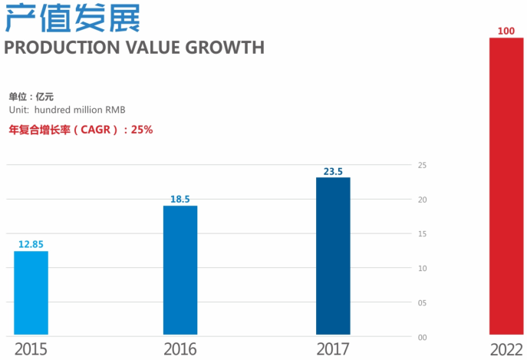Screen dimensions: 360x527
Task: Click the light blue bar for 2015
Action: pyautogui.click(x=31, y=293)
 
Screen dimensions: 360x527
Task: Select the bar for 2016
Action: pyautogui.click(x=180, y=270)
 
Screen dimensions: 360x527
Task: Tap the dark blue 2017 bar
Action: pyautogui.click(x=333, y=256)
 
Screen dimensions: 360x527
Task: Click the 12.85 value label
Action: pyautogui.click(x=31, y=244)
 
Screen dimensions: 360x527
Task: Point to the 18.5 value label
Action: pyautogui.click(x=180, y=200)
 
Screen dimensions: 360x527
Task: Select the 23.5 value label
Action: pyautogui.click(x=333, y=171)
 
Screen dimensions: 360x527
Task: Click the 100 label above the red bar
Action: pyautogui.click(x=506, y=31)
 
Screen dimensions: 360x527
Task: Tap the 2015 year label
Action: pyautogui.click(x=31, y=349)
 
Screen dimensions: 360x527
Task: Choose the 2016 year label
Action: pyautogui.click(x=180, y=349)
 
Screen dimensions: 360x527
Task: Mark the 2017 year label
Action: pyautogui.click(x=333, y=349)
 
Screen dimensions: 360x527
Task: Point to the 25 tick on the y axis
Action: pyautogui.click(x=422, y=165)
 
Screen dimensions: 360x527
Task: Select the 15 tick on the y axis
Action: pyautogui.click(x=422, y=233)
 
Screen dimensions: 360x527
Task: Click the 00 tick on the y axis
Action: pyautogui.click(x=422, y=337)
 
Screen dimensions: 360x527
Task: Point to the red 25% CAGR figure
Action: pyautogui.click(x=142, y=130)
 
